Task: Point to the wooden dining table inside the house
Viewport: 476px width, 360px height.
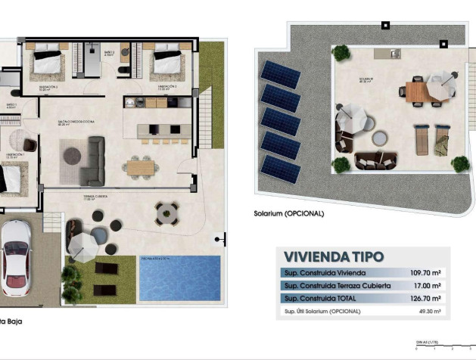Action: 139,165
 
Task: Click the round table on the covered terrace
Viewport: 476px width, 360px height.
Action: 166,213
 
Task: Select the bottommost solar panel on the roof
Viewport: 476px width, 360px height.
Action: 279,169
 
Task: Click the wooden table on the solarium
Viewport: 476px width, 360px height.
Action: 416,92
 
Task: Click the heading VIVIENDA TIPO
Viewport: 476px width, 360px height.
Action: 333,257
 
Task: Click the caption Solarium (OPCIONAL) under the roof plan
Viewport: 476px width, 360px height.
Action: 288,213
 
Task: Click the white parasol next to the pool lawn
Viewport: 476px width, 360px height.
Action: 83,243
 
